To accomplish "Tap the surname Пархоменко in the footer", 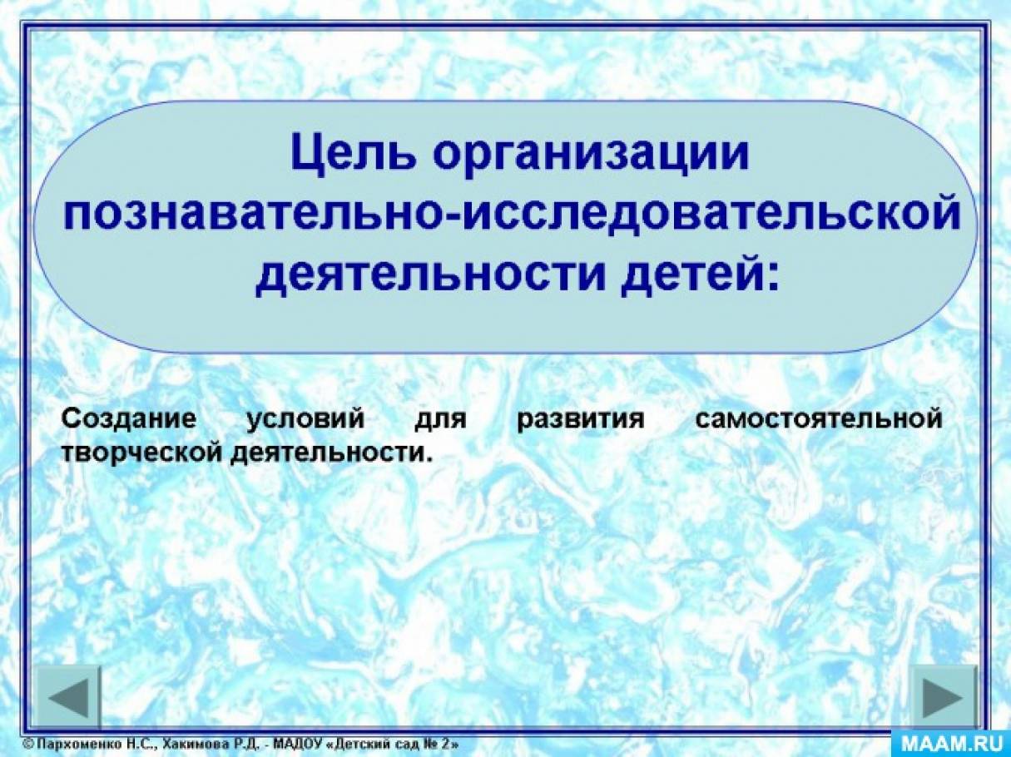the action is pyautogui.click(x=77, y=745).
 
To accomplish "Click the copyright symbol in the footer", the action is pyautogui.click(x=28, y=745).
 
